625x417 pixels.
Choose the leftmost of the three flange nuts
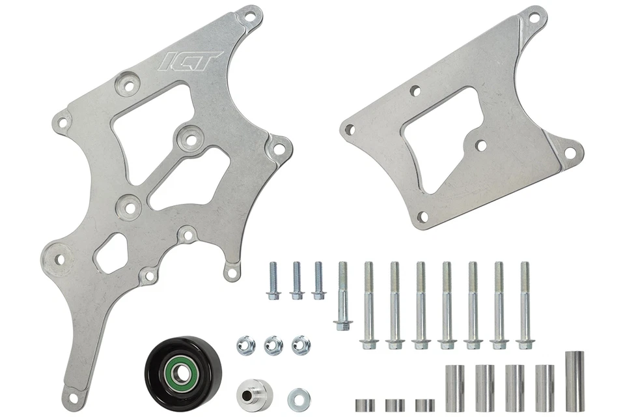245,344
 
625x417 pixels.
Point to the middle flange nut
273,344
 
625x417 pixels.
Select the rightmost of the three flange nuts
300,344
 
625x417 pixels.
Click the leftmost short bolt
273,280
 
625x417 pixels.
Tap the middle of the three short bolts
297,280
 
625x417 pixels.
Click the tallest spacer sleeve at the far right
574,381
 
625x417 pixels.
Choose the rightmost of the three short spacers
424,405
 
